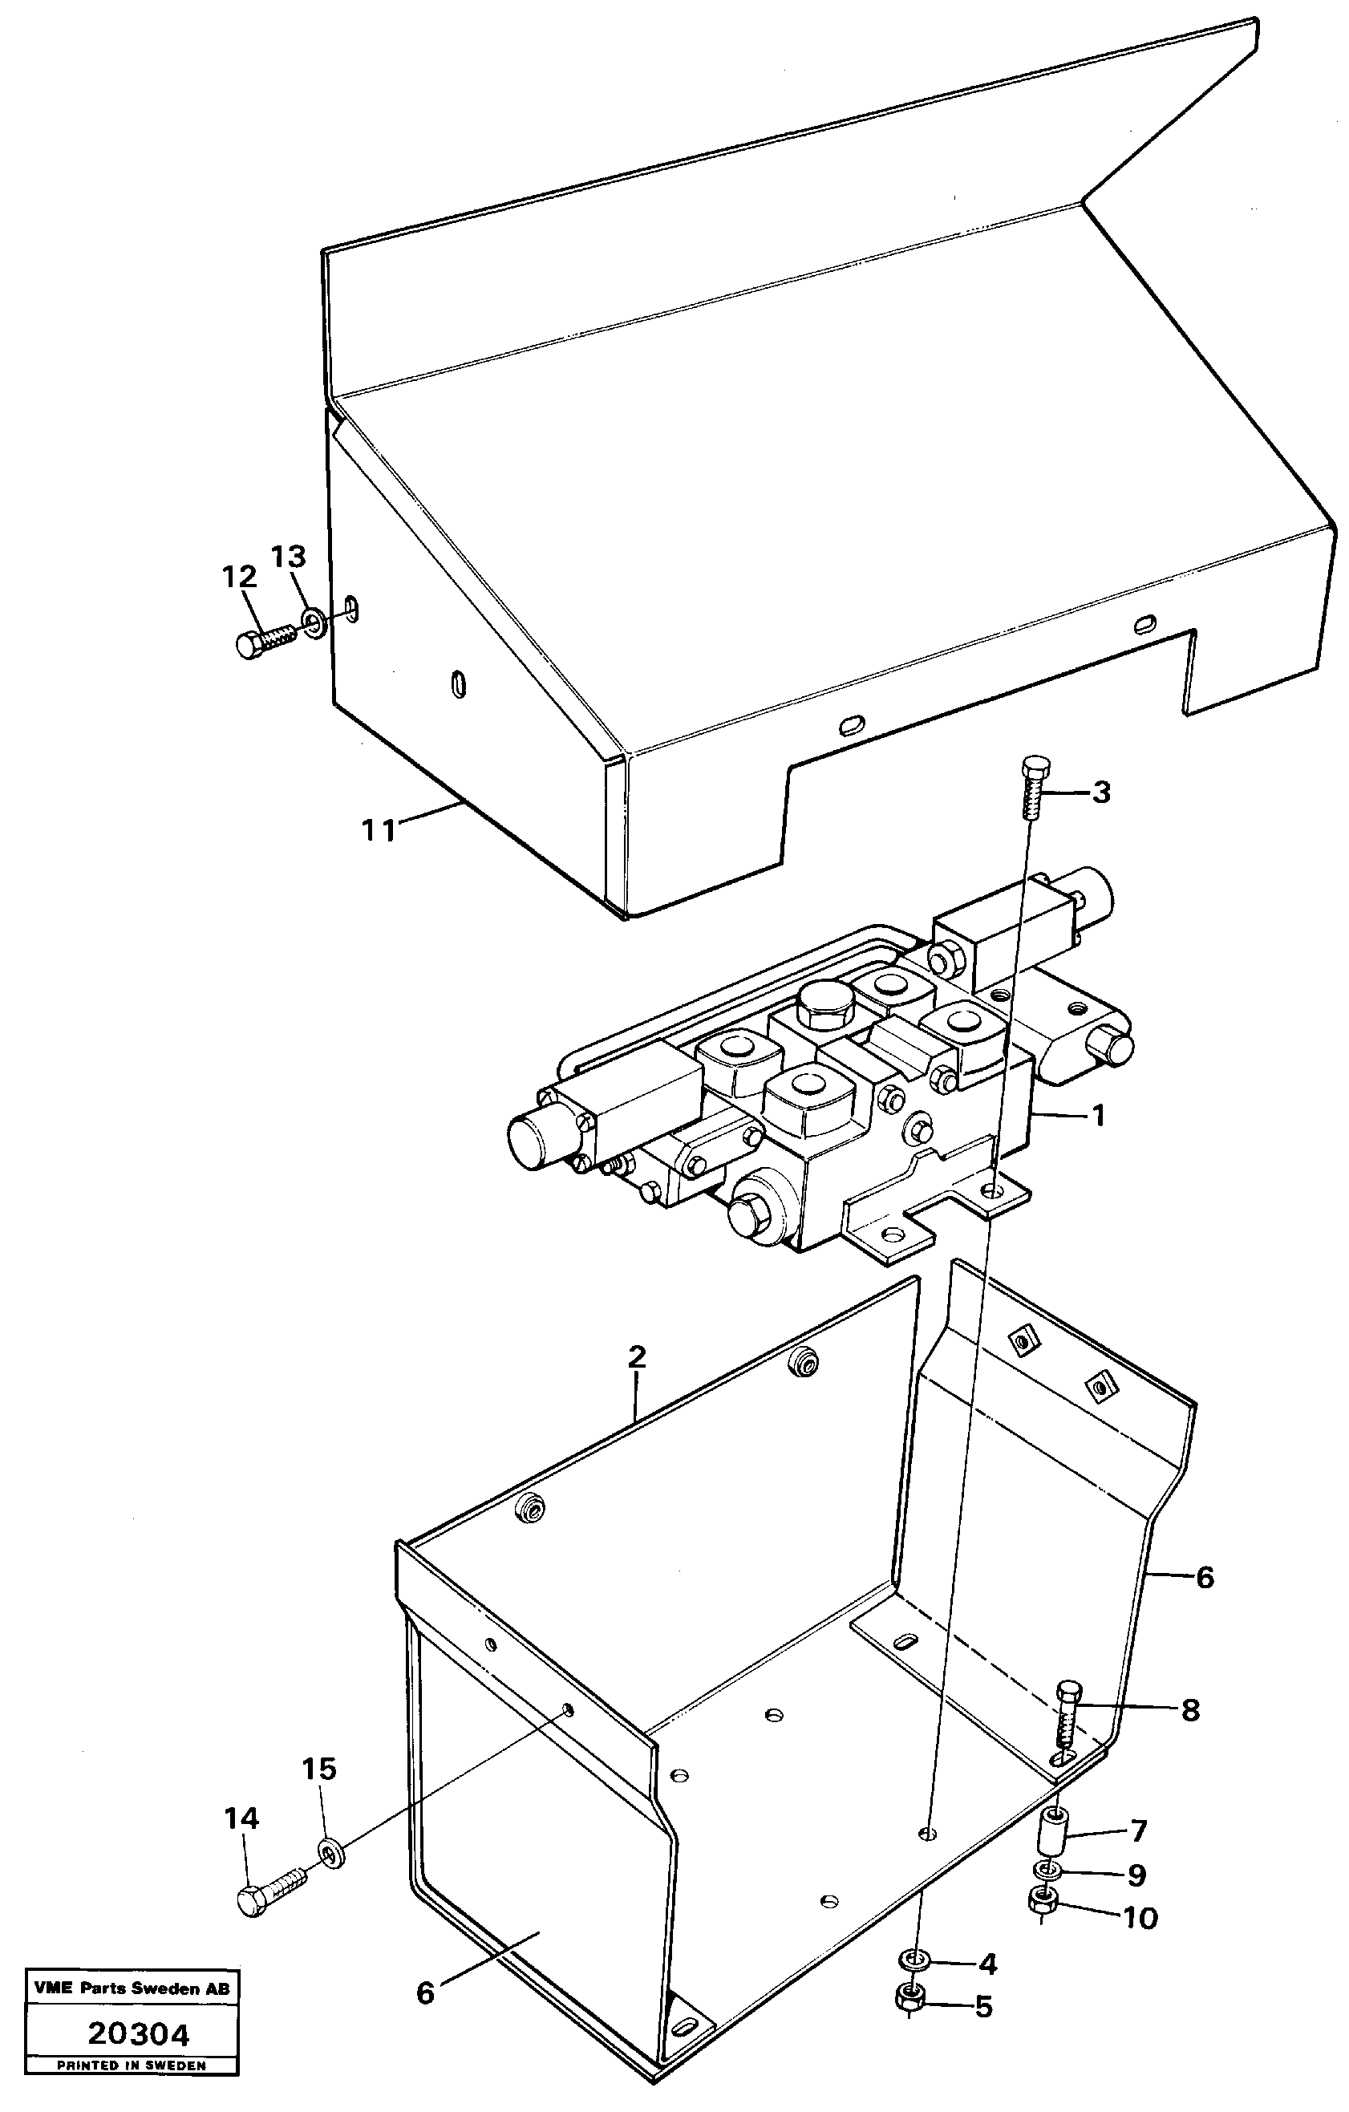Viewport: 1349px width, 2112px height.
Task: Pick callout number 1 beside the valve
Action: coord(1096,1117)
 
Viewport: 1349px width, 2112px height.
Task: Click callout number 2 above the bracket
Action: coord(637,1357)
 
